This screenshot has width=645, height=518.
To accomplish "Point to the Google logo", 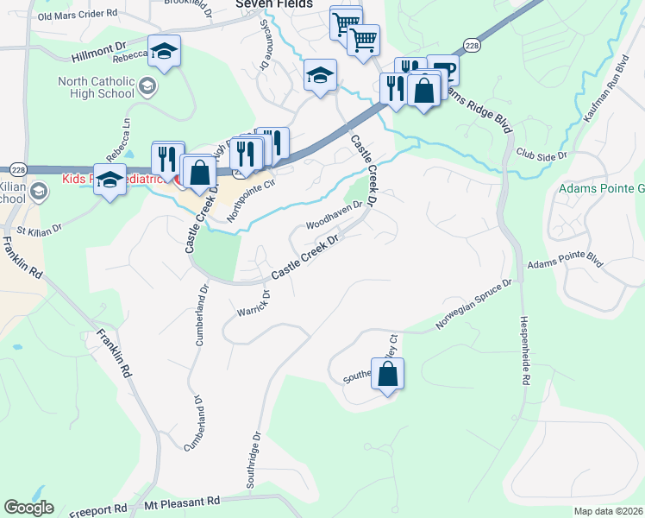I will (x=28, y=508).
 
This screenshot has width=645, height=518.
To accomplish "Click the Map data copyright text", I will (x=608, y=511).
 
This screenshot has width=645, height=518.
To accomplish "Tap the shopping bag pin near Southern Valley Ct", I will (x=388, y=375).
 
